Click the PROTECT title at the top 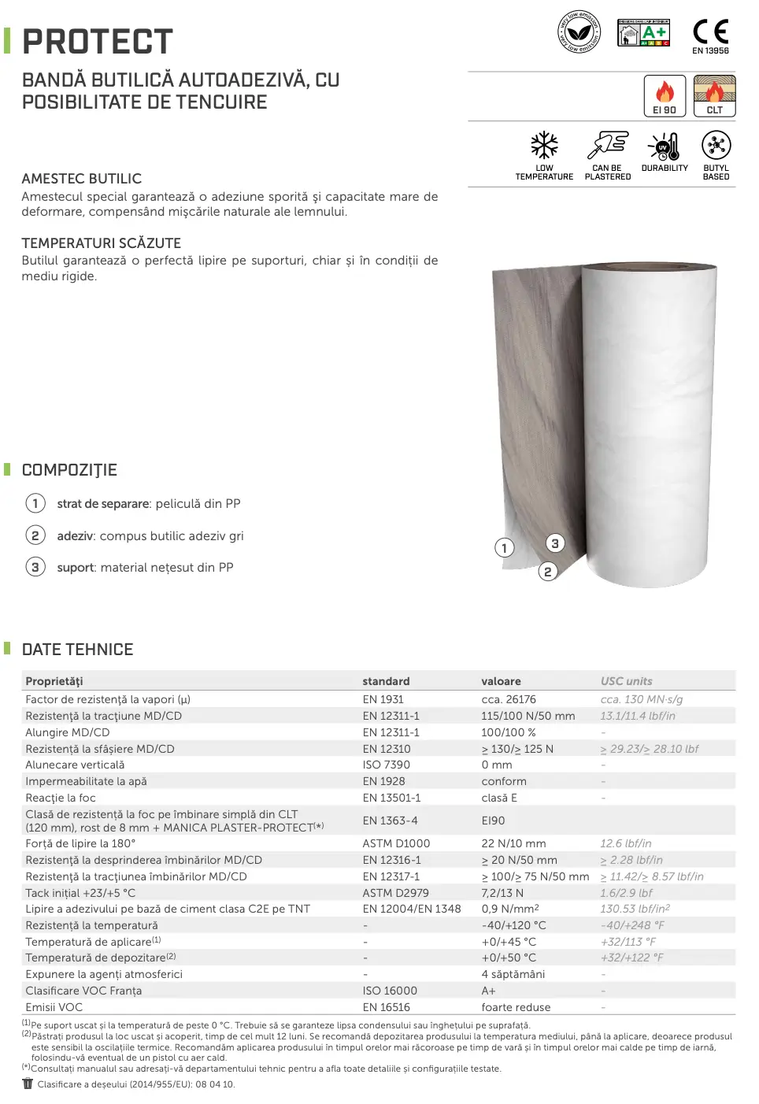pos(98,42)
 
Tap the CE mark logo pos(710,32)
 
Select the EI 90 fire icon pos(665,95)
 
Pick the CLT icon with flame pos(714,95)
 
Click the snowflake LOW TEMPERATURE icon pos(544,146)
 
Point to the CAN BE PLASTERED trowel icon pos(608,146)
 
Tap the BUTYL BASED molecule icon pos(716,146)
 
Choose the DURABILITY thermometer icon pos(665,146)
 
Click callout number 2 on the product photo pos(548,572)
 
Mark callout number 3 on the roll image pos(555,543)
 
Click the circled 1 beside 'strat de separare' pos(35,503)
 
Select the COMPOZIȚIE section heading pos(69,470)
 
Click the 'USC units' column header pos(626,681)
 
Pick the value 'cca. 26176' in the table pos(509,699)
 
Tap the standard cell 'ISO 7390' pos(386,765)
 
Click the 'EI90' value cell pos(493,821)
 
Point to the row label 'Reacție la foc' pos(61,798)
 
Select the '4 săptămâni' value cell pos(513,974)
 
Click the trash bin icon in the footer pos(28,1084)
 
